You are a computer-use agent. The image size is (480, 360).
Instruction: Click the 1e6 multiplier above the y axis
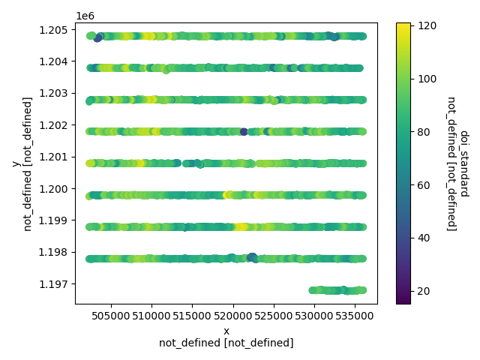84,15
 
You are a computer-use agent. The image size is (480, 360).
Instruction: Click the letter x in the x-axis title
226,331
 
